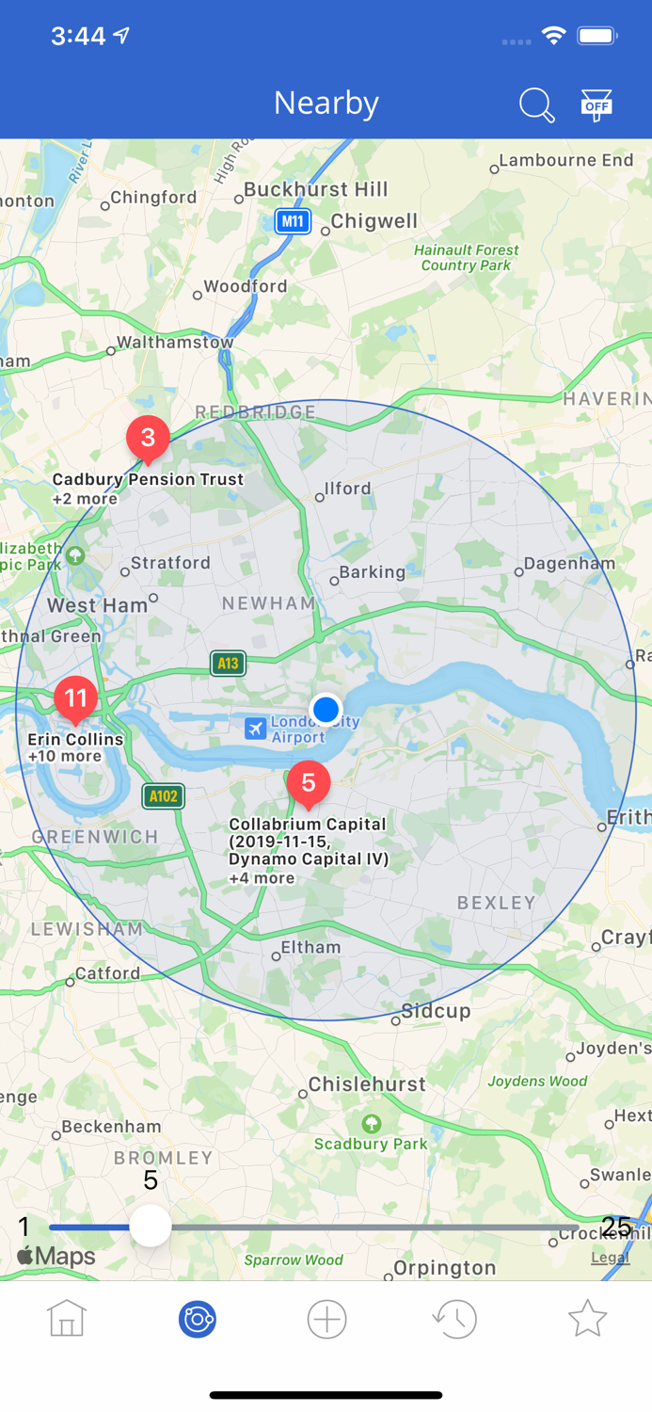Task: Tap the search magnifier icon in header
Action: (536, 104)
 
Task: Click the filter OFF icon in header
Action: (596, 104)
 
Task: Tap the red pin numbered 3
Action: (148, 438)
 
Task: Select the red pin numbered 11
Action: (75, 698)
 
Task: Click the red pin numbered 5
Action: (308, 783)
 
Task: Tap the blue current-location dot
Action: (326, 709)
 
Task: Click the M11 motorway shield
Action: (293, 221)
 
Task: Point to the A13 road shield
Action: (228, 664)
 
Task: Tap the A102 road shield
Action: (163, 796)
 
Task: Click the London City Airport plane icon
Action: (255, 728)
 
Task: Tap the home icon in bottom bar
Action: (67, 1319)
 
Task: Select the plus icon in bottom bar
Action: (326, 1319)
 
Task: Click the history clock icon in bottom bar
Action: (455, 1319)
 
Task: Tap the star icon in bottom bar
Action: (587, 1319)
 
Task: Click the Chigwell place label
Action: (374, 221)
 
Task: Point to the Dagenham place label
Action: (570, 564)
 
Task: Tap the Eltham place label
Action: (310, 948)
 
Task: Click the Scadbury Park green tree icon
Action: (372, 1124)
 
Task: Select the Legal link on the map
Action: (610, 1258)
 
